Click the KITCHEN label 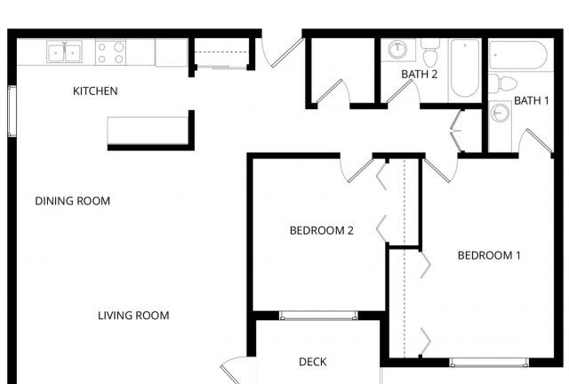(95, 91)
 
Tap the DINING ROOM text (73, 201)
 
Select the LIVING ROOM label (133, 316)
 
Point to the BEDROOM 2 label (322, 230)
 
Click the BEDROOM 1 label (489, 255)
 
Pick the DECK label (312, 362)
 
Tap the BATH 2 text (419, 75)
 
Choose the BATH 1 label (532, 100)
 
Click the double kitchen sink (65, 52)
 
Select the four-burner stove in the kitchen (110, 52)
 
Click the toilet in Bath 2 (430, 52)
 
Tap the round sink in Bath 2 (398, 50)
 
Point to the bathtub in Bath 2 (464, 68)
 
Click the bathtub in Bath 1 (517, 55)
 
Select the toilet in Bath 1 (502, 84)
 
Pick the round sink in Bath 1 (500, 113)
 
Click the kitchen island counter (148, 131)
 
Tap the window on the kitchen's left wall (12, 111)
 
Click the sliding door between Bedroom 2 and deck (318, 316)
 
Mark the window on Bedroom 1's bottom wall (489, 362)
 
